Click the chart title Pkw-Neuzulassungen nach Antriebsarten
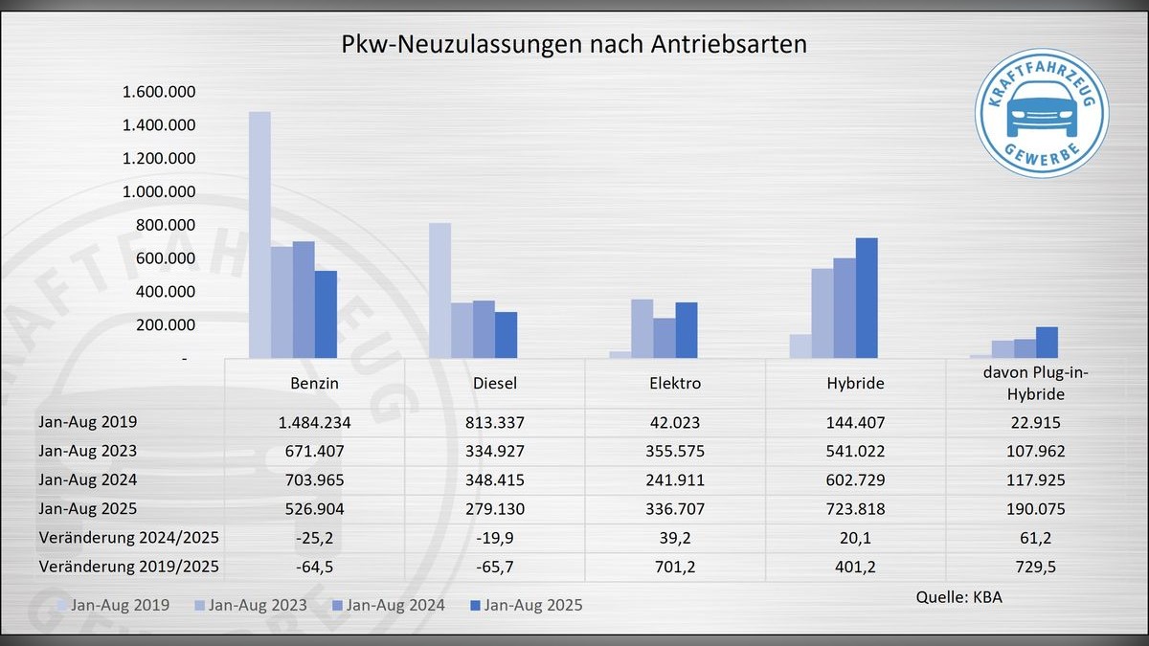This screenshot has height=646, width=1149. coord(574,45)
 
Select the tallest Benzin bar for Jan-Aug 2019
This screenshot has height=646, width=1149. coord(259,234)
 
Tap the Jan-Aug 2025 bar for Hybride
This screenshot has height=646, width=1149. coord(867,298)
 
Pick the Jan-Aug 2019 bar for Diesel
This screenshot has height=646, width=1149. coord(439,290)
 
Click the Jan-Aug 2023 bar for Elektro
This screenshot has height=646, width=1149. coord(642,328)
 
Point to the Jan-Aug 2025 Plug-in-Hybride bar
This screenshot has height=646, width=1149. coord(1047,343)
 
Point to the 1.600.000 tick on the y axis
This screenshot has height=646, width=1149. coord(159,92)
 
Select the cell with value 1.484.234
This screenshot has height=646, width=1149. coord(314,421)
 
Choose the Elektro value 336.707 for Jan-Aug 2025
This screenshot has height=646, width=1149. coord(675,508)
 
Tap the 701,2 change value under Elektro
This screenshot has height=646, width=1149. coord(675,566)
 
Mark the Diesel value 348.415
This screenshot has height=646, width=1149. coord(495,479)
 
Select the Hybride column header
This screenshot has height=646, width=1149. coord(856,383)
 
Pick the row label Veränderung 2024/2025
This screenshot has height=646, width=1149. coord(128,537)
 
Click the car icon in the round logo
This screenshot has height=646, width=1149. coord(1041,110)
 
